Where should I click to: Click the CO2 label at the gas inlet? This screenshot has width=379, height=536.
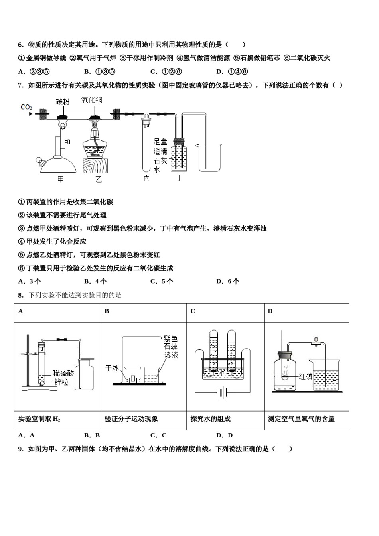click(x=26, y=107)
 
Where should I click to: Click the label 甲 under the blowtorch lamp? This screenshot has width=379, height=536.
click(x=60, y=179)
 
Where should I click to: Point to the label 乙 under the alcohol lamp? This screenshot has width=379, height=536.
click(x=98, y=179)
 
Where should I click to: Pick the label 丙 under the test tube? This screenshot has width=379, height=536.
click(x=146, y=178)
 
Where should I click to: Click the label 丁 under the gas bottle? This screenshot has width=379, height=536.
click(x=179, y=178)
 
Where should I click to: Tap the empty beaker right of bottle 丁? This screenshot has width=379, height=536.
click(x=207, y=158)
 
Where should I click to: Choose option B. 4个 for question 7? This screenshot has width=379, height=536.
click(x=96, y=281)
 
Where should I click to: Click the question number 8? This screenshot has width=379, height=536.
click(x=21, y=295)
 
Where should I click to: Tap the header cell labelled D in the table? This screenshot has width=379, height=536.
click(x=270, y=311)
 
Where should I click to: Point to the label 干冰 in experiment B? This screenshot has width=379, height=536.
click(x=112, y=368)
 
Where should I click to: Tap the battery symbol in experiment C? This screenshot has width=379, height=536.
click(x=223, y=394)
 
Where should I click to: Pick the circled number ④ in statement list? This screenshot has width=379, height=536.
click(x=22, y=242)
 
